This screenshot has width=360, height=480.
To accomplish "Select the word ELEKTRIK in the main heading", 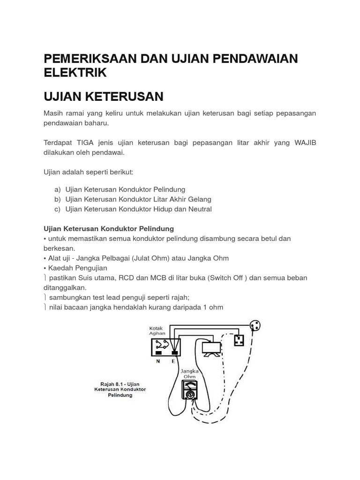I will [75, 73].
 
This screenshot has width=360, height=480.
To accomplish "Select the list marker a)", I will [57, 189].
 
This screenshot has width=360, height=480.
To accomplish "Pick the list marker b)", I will [57, 199].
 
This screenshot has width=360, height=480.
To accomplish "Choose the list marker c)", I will [57, 209].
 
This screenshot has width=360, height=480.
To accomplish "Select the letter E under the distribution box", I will [174, 361].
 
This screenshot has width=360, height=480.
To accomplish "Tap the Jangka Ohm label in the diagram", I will [190, 373].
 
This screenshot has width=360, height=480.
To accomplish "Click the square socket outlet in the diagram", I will [239, 339].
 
